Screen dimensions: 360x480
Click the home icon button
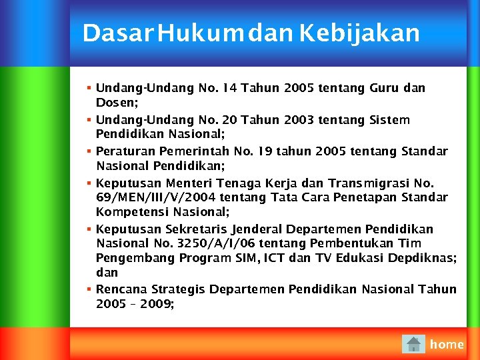click(413, 344)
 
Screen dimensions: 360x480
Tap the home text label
click(447, 344)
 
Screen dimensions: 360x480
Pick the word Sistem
click(389, 120)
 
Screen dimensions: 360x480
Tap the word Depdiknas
click(424, 258)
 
